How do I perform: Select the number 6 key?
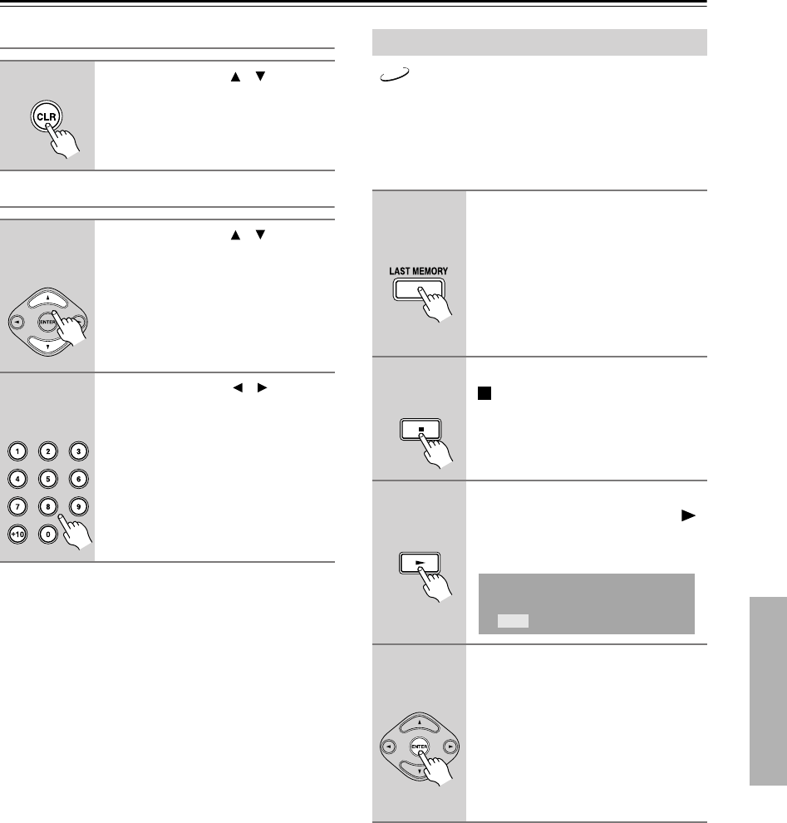[x=79, y=478]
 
